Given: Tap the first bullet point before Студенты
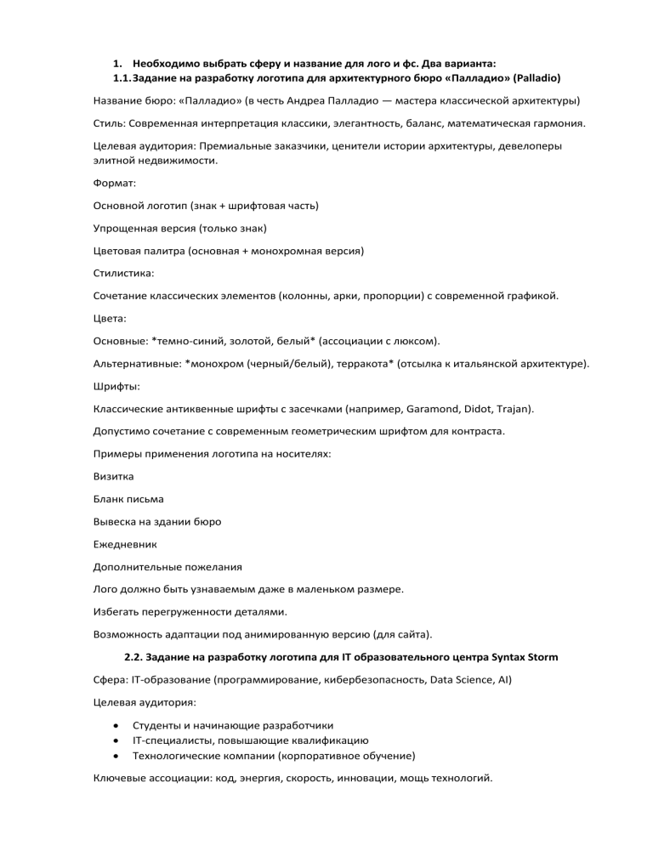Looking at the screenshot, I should pyautogui.click(x=115, y=725).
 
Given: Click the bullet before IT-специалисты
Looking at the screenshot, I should pyautogui.click(x=115, y=740).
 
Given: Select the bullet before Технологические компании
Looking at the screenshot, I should pyautogui.click(x=115, y=755).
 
